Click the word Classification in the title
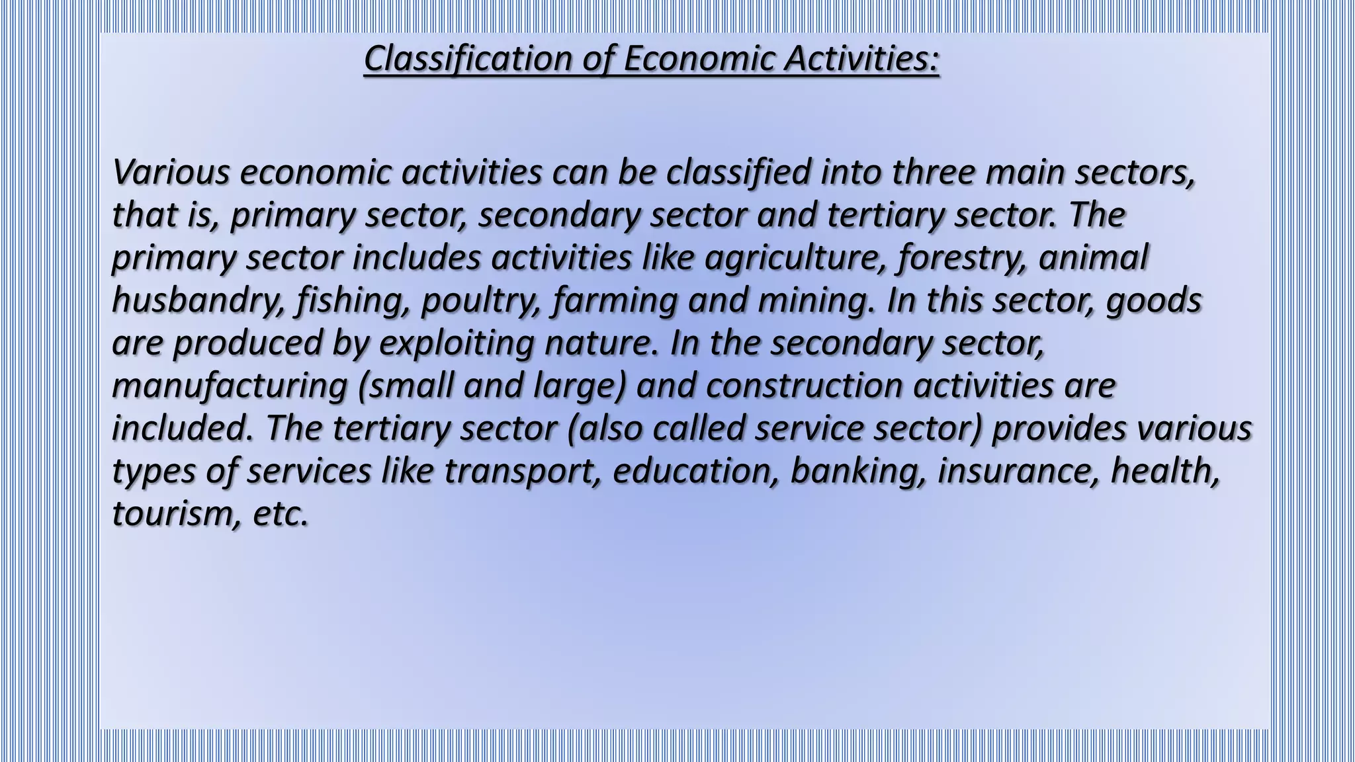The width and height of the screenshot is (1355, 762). pos(468,59)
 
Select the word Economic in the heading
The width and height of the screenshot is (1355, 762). pos(698,59)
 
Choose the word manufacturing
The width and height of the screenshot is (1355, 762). pos(230,386)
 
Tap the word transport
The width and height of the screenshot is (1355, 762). pos(523,471)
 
